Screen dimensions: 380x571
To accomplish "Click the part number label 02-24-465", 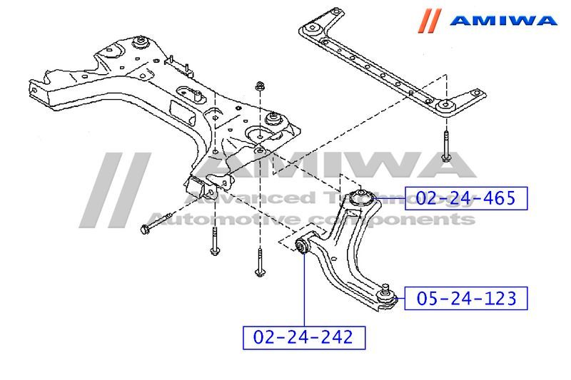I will click(465, 198).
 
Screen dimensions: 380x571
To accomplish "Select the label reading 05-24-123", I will click(465, 298).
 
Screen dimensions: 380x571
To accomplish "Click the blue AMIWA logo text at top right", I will click(504, 20).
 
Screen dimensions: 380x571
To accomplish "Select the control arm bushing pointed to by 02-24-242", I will click(303, 246).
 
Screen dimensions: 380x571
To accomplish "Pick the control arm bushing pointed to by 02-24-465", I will click(363, 195).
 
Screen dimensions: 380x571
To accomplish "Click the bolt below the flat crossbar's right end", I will click(445, 146).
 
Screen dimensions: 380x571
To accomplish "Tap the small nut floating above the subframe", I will click(260, 87).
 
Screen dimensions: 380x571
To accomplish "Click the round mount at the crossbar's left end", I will click(310, 29).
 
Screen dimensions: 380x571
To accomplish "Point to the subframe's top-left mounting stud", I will click(141, 40).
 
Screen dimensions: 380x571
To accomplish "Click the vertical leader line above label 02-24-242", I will click(303, 292).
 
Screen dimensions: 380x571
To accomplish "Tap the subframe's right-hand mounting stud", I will click(271, 117).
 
